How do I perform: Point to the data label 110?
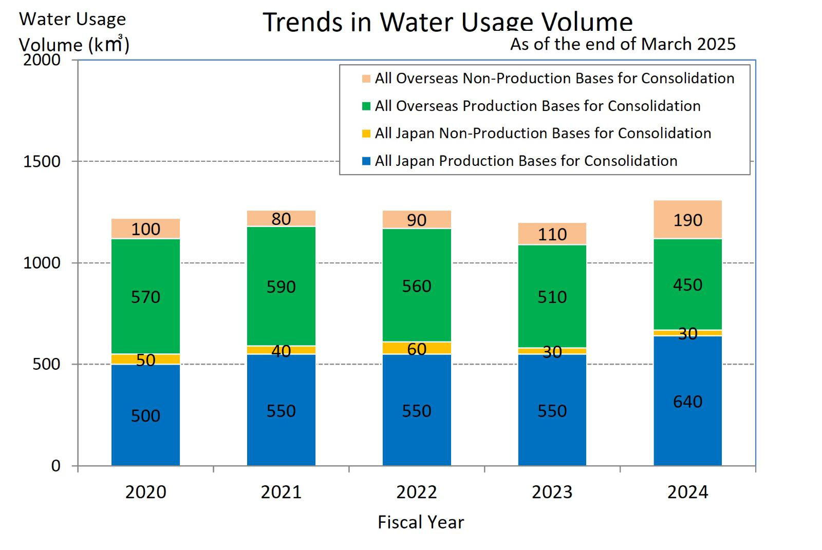552,235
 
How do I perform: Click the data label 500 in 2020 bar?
145,415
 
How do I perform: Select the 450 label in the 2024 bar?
687,285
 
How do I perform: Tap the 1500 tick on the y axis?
42,161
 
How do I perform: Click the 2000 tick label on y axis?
42,60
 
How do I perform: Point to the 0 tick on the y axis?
55,466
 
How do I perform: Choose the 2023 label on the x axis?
552,492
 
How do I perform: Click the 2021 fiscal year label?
281,492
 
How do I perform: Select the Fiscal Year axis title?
420,522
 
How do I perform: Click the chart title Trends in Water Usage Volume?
447,22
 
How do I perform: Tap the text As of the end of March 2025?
623,44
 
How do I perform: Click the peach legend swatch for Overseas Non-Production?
366,79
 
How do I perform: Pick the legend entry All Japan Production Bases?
526,161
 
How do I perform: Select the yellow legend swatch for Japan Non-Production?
366,134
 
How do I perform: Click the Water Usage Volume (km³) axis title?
73,32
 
